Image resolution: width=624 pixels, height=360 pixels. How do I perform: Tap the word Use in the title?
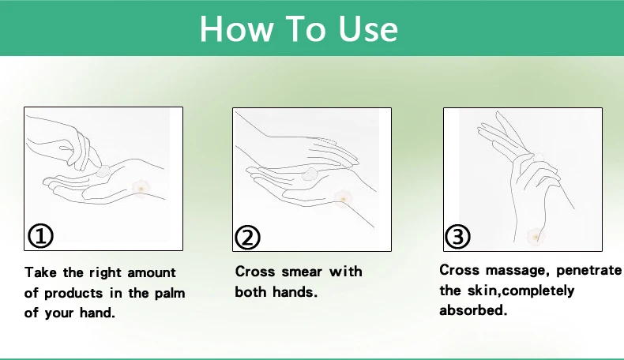tap(368, 28)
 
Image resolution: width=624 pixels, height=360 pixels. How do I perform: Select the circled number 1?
tap(40, 235)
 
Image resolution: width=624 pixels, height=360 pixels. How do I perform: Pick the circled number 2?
tap(247, 238)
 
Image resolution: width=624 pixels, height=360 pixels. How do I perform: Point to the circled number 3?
tap(457, 237)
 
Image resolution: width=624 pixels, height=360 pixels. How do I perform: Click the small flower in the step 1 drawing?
tap(141, 189)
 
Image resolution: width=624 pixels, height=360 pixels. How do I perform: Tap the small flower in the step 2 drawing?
tap(343, 198)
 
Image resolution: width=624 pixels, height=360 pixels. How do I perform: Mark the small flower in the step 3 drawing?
tap(536, 237)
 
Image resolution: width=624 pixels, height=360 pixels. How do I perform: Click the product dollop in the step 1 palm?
tap(103, 171)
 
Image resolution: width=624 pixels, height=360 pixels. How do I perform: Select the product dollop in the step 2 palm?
tap(309, 174)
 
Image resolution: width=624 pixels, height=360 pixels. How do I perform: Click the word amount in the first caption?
tap(151, 273)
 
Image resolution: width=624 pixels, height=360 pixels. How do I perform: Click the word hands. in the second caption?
tap(295, 292)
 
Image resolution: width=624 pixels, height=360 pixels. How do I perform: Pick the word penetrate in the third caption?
tap(588, 271)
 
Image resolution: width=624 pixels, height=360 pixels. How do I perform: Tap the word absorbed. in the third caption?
tap(473, 310)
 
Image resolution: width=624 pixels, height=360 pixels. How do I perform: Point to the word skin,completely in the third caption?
tap(521, 291)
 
